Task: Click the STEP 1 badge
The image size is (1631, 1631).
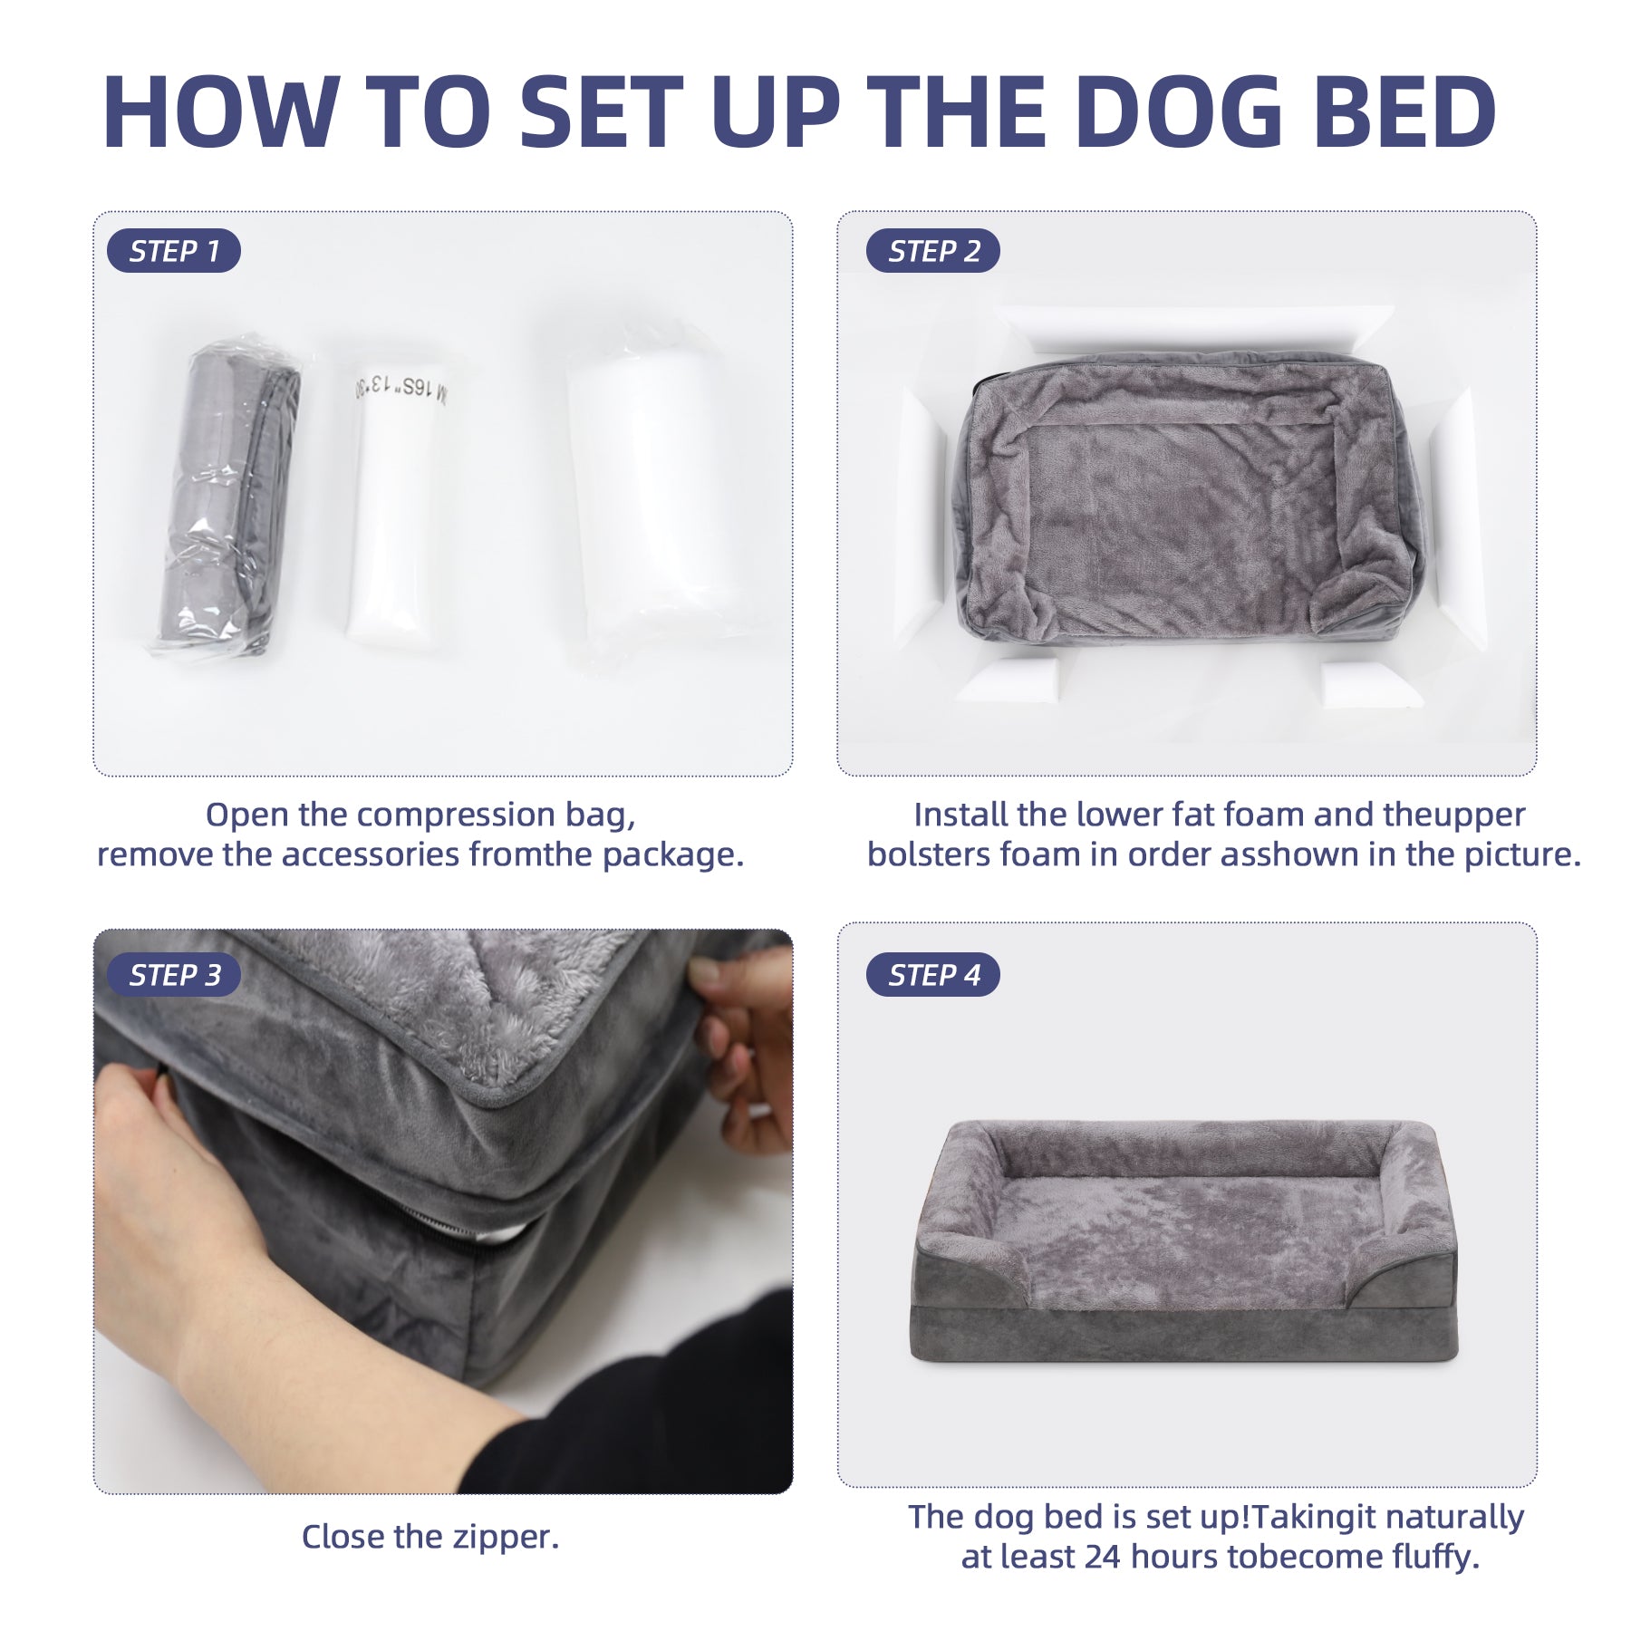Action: pyautogui.click(x=174, y=251)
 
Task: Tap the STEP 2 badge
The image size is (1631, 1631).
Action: pyautogui.click(x=933, y=251)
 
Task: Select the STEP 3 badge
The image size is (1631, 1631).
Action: pyautogui.click(x=174, y=975)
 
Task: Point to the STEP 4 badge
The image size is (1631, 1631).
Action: pyautogui.click(x=933, y=975)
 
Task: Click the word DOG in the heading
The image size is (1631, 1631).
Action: pyautogui.click(x=1180, y=111)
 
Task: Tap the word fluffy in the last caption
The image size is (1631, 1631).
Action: pyautogui.click(x=1435, y=1558)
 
